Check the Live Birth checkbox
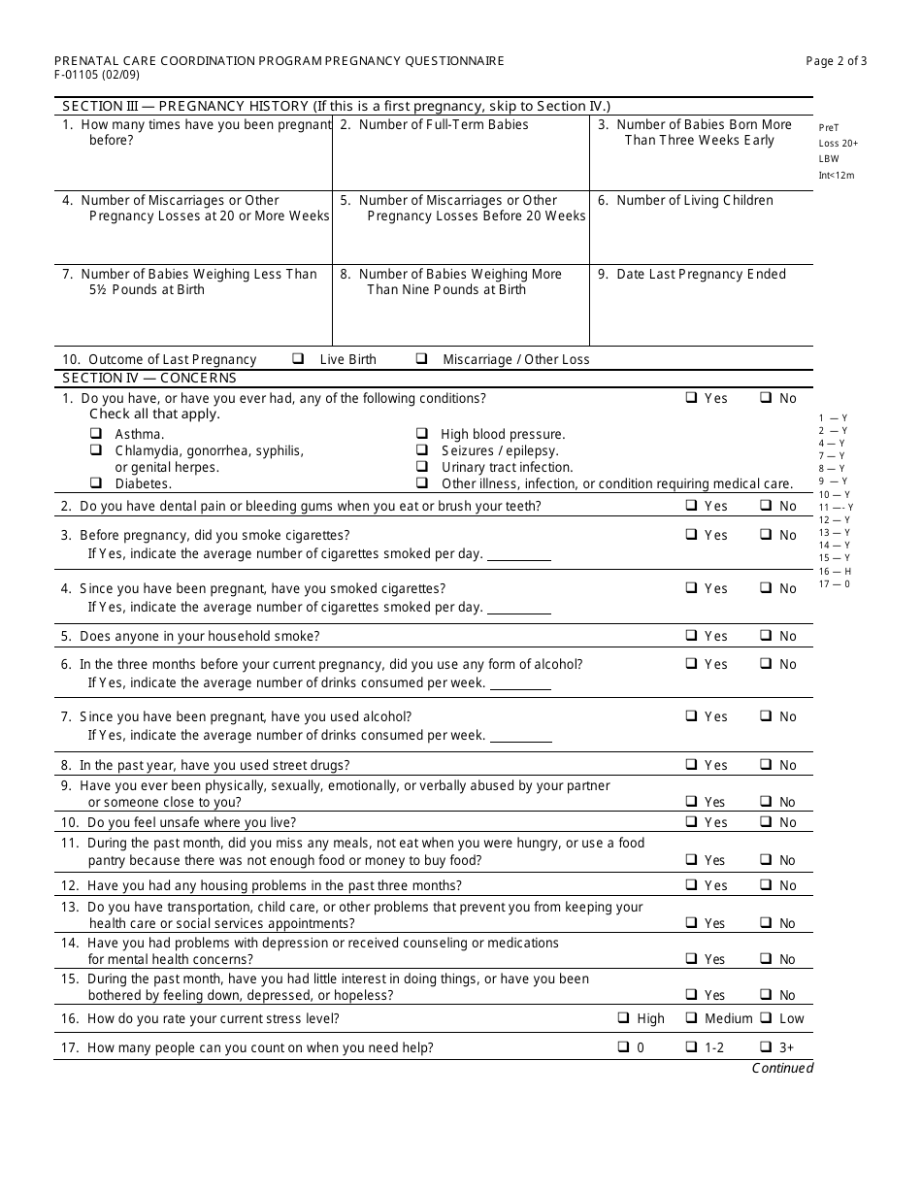298,358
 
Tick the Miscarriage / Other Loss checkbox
421,358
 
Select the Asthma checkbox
96,434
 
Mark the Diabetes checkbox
96,482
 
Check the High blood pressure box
422,434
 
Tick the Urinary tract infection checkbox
422,467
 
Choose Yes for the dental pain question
691,505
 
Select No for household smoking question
765,636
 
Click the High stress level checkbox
623,1018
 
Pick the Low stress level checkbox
765,1018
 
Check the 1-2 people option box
691,1047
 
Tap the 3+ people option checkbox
765,1047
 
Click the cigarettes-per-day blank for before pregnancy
518,555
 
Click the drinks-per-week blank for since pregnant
518,737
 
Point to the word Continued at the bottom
782,1068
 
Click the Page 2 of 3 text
837,60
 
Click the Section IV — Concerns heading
149,378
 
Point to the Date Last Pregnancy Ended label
701,275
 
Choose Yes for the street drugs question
691,765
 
